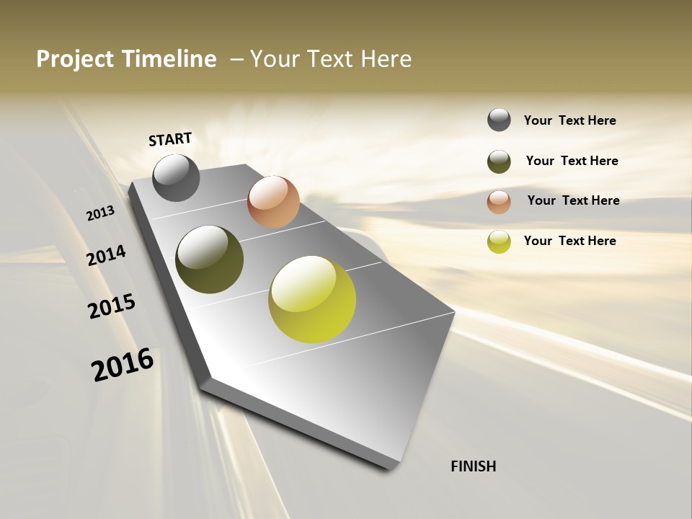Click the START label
[170, 139]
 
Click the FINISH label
[473, 466]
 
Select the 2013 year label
[101, 213]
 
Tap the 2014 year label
[107, 256]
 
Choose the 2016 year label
[123, 364]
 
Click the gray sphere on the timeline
[176, 177]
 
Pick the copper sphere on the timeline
[273, 202]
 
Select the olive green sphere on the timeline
[210, 259]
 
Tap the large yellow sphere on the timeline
[312, 299]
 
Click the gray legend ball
[499, 120]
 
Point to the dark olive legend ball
[499, 161]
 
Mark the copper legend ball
[499, 202]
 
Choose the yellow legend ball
[499, 241]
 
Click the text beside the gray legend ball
[569, 120]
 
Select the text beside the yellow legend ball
[569, 241]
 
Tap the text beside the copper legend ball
[573, 200]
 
